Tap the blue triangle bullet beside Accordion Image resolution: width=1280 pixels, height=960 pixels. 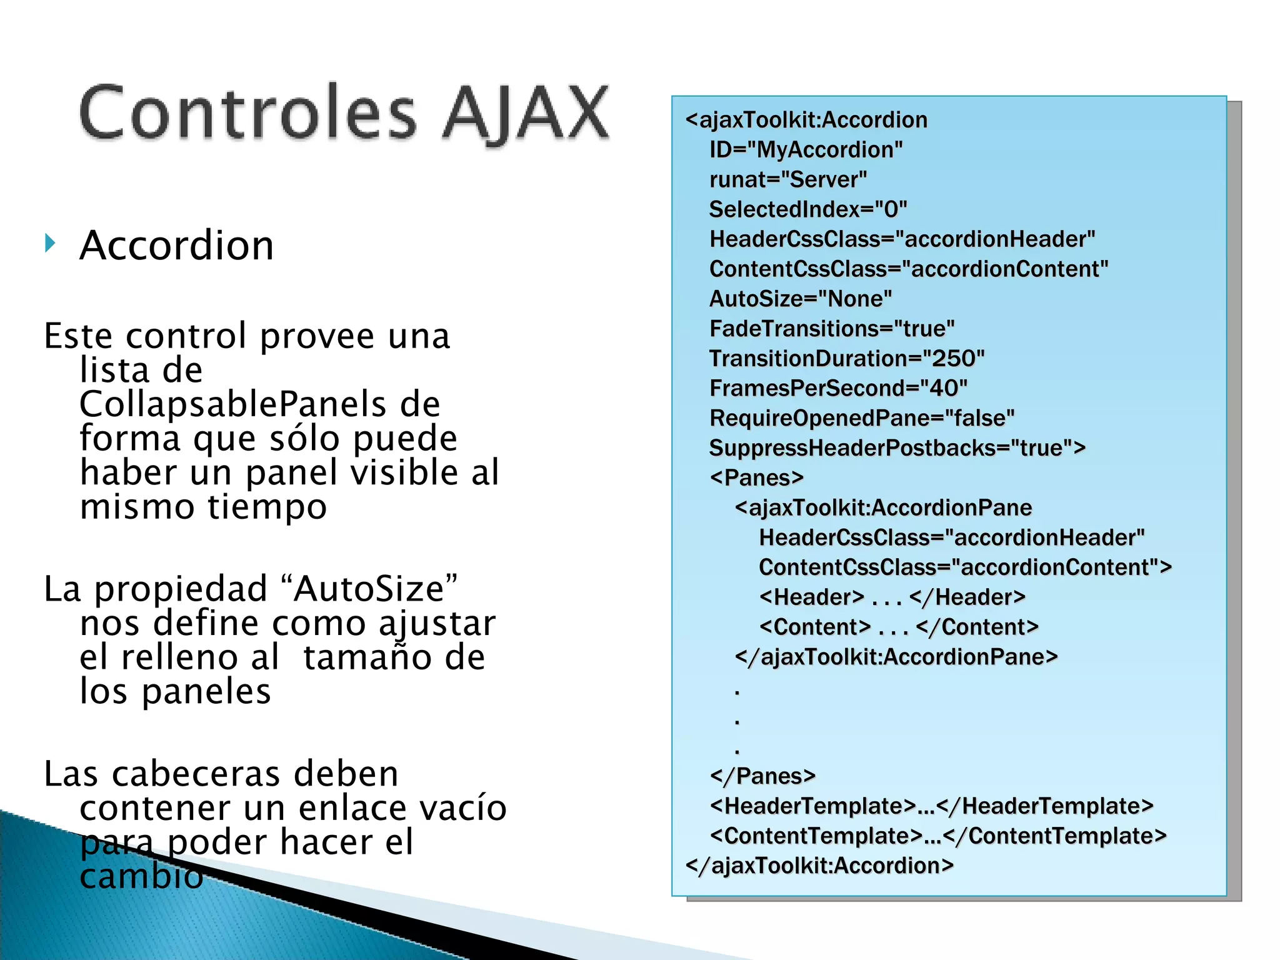[x=50, y=242]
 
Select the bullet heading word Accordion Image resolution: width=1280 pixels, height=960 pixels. [x=177, y=245]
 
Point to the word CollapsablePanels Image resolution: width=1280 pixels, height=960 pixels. [x=232, y=404]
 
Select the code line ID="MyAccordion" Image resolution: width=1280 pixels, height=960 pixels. [x=806, y=150]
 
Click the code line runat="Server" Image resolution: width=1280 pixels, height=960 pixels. [x=788, y=180]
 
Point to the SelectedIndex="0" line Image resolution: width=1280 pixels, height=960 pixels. [x=807, y=209]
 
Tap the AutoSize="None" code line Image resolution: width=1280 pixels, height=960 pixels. [x=800, y=299]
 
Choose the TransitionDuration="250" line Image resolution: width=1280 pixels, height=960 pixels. [x=846, y=359]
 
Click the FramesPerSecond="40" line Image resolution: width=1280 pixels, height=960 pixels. [x=838, y=389]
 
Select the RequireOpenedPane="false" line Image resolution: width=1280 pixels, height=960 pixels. [x=861, y=418]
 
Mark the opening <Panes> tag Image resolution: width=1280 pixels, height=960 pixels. [x=756, y=478]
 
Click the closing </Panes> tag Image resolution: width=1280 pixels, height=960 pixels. [x=762, y=776]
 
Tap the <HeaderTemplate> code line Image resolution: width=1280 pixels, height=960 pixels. [x=931, y=806]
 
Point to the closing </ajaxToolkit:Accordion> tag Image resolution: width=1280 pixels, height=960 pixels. [x=819, y=866]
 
